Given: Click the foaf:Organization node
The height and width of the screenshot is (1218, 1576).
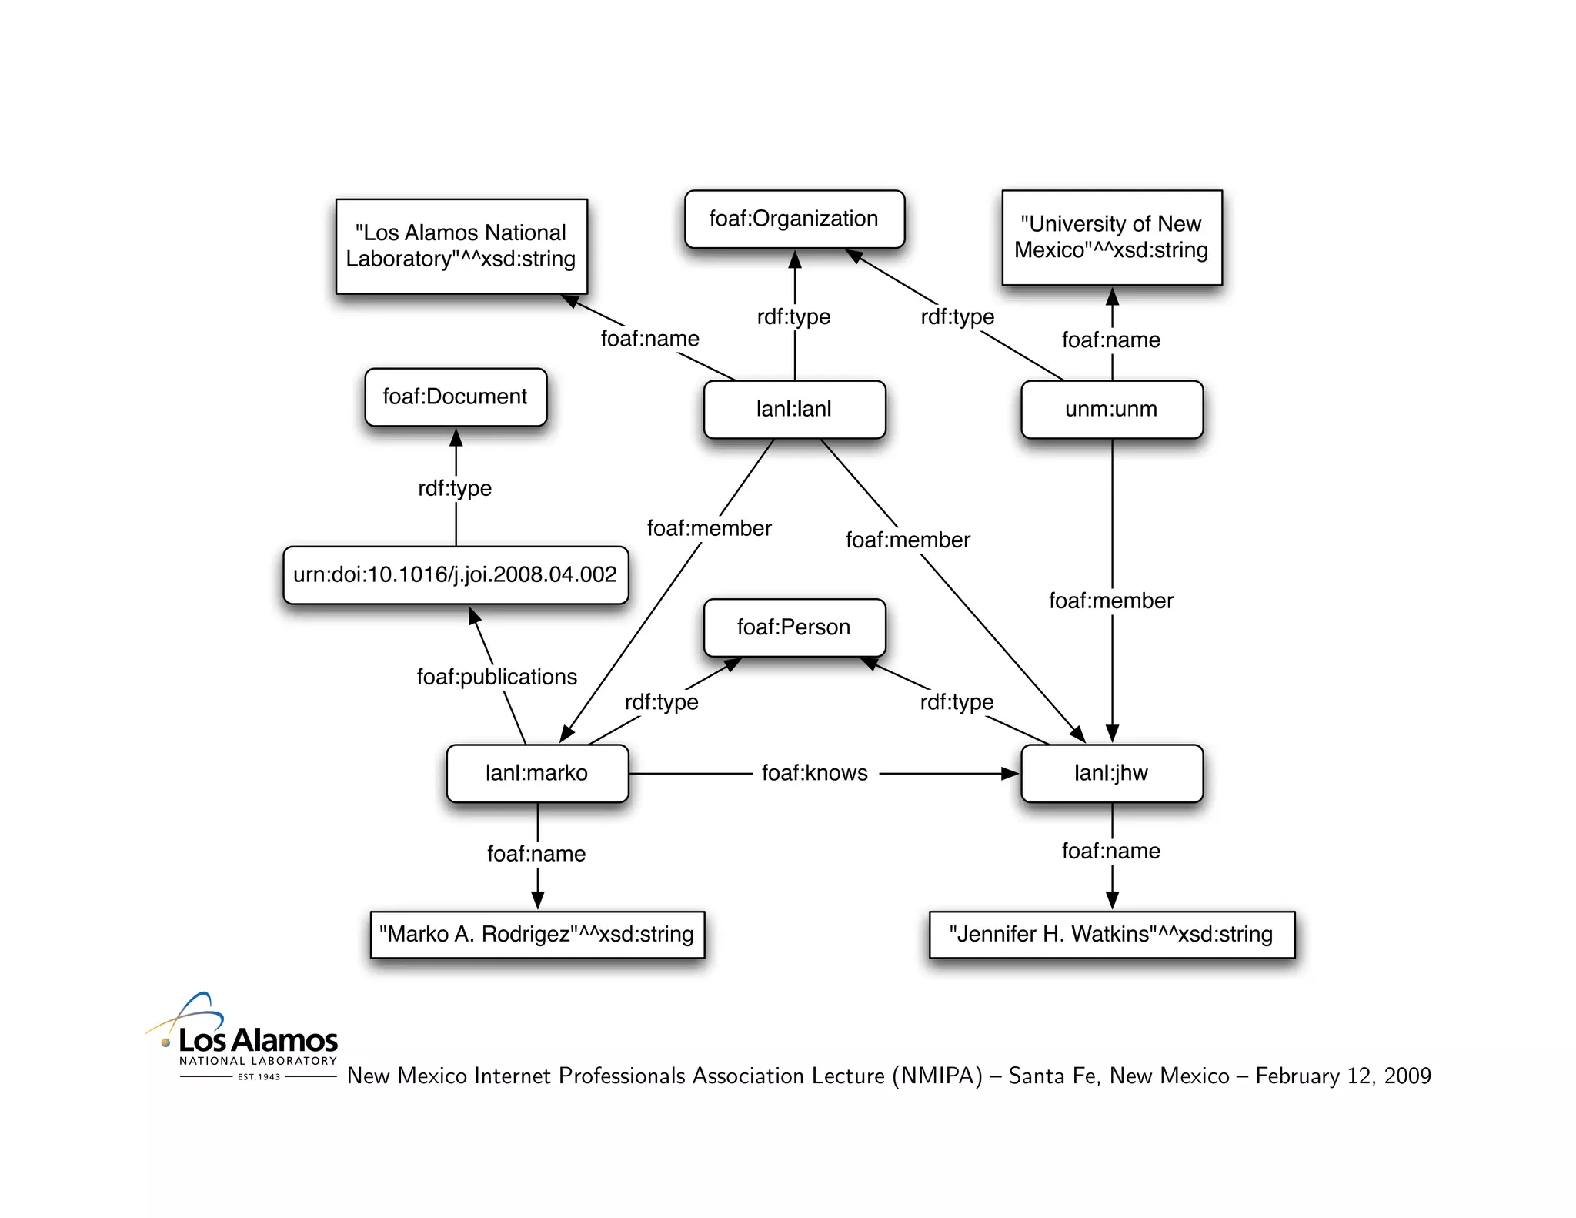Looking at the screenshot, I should [x=794, y=219].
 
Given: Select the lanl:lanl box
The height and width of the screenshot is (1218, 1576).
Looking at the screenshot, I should [x=794, y=409].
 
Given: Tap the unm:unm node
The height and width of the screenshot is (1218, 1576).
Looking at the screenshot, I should [x=1111, y=409].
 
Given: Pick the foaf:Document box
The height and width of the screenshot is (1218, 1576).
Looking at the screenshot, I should [x=456, y=397].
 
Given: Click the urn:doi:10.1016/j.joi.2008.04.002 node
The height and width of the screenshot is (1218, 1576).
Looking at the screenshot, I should [x=456, y=574].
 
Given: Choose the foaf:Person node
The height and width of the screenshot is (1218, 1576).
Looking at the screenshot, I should [x=794, y=627].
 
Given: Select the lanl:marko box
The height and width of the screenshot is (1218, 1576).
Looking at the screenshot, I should [x=537, y=773].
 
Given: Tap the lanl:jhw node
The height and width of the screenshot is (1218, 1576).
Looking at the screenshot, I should [x=1111, y=773].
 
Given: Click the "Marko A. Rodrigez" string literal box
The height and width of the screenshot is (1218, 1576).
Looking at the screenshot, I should [x=537, y=935].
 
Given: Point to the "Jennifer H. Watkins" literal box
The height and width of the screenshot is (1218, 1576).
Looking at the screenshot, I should [x=1111, y=935].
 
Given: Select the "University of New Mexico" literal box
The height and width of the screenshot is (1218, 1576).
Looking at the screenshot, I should [x=1111, y=237].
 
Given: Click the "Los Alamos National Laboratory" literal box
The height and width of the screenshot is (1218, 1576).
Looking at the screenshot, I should [x=461, y=246].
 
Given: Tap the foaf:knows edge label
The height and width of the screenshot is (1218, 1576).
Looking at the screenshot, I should [x=815, y=773].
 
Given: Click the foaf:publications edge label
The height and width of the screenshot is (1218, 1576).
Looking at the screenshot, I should [x=497, y=677].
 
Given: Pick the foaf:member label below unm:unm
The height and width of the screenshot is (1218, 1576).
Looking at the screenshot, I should [x=1111, y=601].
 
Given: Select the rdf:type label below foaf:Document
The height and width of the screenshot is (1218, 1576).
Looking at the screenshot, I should [x=455, y=488].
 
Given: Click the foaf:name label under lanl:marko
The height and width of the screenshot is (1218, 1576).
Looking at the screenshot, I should [x=536, y=854].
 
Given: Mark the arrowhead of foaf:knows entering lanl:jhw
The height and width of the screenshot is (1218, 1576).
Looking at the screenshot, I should [x=1010, y=773].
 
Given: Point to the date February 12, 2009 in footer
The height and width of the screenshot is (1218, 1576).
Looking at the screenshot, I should [x=1343, y=1076].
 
